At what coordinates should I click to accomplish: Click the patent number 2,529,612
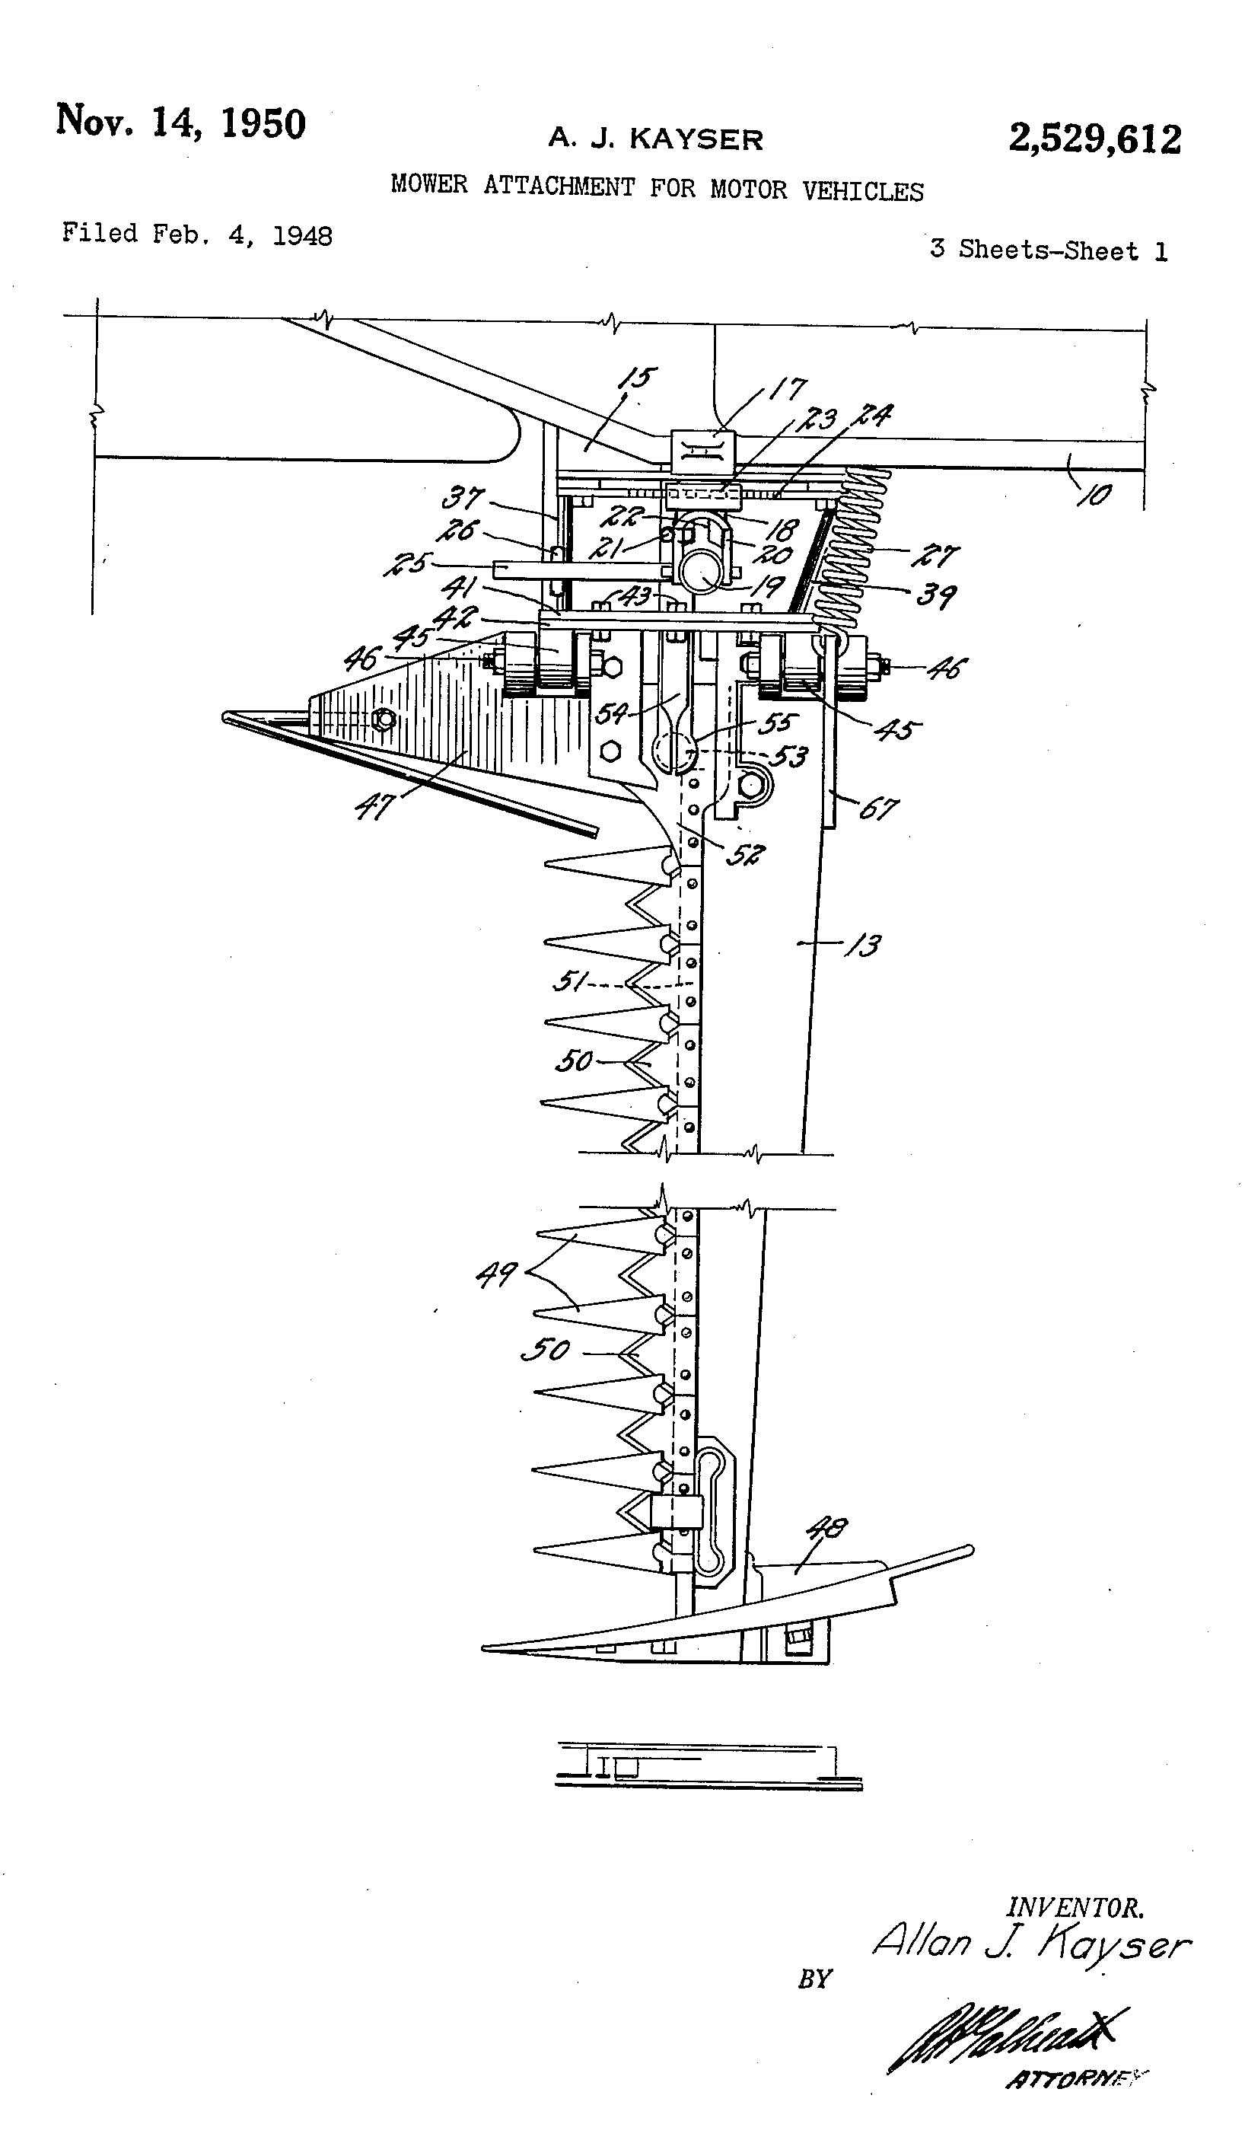(1094, 139)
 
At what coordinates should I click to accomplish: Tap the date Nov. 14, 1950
(180, 123)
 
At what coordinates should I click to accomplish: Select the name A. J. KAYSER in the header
(655, 139)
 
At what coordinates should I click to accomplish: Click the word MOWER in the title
(429, 184)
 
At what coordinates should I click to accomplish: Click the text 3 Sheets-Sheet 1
(1049, 250)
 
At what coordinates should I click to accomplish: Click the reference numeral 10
(1095, 493)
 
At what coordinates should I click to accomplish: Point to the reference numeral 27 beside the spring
(935, 556)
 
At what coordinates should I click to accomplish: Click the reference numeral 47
(374, 805)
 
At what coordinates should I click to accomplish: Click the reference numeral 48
(827, 1528)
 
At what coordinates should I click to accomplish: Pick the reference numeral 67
(878, 808)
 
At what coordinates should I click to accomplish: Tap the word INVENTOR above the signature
(1075, 1908)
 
